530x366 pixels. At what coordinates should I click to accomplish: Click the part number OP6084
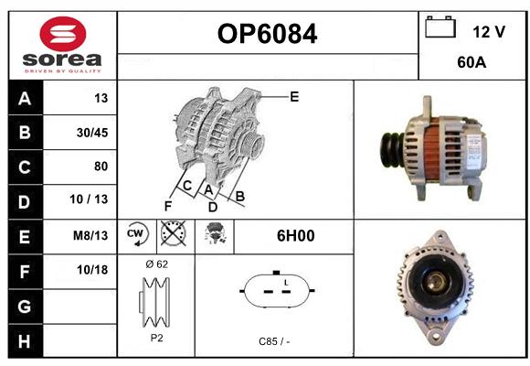point(267,34)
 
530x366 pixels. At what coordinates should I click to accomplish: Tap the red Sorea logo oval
point(63,34)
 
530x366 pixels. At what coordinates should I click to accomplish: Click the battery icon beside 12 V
point(440,27)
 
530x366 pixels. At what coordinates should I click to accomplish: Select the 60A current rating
point(472,62)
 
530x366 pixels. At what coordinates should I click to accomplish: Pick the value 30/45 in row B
point(92,133)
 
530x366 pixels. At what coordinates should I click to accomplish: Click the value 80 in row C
point(101,167)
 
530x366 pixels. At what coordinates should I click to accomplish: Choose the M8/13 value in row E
point(90,235)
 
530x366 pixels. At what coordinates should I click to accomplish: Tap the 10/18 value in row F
point(92,270)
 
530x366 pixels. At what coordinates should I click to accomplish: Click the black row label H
point(25,341)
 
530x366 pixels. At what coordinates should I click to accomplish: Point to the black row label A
point(25,99)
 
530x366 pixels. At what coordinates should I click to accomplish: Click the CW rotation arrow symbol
point(137,233)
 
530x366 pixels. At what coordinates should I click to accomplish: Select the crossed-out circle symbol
point(173,233)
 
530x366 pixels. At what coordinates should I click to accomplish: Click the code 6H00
point(296,236)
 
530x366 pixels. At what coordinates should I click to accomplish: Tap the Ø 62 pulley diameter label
point(156,264)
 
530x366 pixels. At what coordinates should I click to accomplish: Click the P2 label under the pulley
point(156,338)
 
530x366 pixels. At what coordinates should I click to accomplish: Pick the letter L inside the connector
point(286,283)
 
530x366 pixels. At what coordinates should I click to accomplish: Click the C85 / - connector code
point(274,341)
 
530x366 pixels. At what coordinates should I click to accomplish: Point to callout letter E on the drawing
point(294,97)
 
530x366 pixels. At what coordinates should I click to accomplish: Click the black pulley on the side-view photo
point(392,150)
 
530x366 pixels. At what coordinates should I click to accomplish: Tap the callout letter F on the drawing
point(168,206)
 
